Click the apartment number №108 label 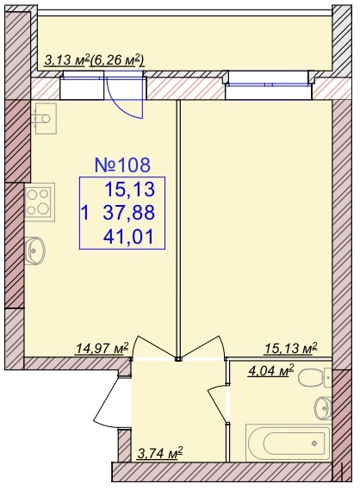tap(122, 165)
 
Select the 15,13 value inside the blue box tap(130, 189)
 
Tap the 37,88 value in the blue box tap(128, 213)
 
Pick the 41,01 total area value tap(128, 237)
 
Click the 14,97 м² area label tap(102, 348)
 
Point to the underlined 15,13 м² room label tap(291, 348)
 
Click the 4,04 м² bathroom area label tap(271, 371)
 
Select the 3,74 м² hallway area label tap(160, 453)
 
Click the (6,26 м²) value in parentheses tap(117, 59)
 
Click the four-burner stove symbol tap(40, 202)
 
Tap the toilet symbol tap(314, 378)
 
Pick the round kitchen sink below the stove tap(34, 251)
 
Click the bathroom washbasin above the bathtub tap(323, 408)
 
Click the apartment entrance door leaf tap(106, 400)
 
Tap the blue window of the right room tap(269, 84)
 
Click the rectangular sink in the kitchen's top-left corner tap(46, 119)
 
